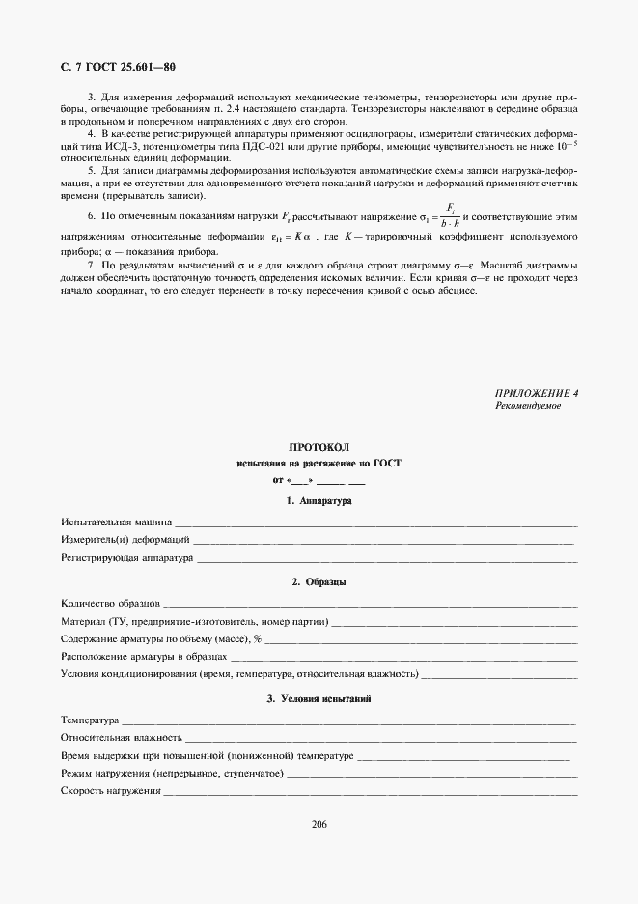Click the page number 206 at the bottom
(x=319, y=824)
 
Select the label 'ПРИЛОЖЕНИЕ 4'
(x=537, y=394)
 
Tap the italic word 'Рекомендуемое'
(x=527, y=406)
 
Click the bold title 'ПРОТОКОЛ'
(x=319, y=447)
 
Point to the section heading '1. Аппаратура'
(x=319, y=501)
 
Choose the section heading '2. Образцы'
(x=319, y=582)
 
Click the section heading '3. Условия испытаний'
(x=319, y=698)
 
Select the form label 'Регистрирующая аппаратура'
(x=126, y=557)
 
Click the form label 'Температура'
(x=89, y=720)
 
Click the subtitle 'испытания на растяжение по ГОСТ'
(x=319, y=464)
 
